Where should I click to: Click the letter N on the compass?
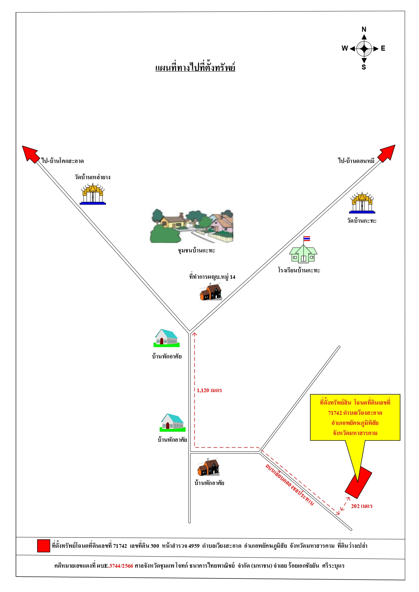point(364,29)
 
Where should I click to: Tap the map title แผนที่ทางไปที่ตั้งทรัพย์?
point(195,68)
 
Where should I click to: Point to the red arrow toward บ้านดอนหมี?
point(387,154)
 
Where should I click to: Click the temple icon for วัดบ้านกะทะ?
point(362,203)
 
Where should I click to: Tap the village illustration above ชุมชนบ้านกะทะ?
point(191,226)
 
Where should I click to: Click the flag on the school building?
point(307,239)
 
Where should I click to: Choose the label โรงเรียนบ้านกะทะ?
point(299,270)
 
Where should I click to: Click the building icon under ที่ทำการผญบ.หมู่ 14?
point(211,292)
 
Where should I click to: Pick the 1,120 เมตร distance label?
point(209,391)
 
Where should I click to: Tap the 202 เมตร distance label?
point(362,506)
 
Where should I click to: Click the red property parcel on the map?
point(358,483)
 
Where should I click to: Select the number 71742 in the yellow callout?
point(335,413)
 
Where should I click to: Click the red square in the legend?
point(44,546)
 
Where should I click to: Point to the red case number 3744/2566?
point(121,566)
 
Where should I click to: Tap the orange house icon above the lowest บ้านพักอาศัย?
point(208,467)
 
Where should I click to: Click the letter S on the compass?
point(364,67)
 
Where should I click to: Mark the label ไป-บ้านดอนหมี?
point(357,161)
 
